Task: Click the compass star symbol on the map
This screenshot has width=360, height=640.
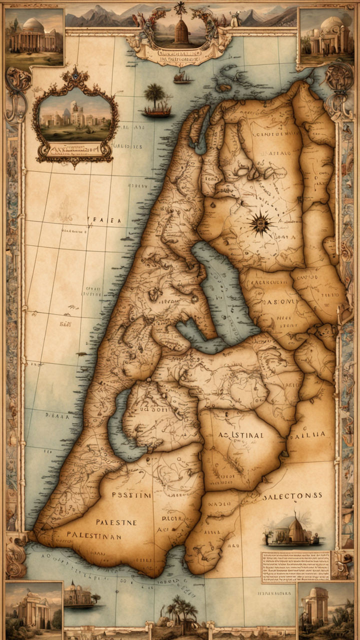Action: coord(260,223)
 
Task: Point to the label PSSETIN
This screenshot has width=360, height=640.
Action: coord(131,495)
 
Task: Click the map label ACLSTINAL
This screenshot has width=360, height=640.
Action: coord(240,435)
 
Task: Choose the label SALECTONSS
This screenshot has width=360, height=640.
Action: coord(292,495)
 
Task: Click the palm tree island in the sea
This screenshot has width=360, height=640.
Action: coord(156,100)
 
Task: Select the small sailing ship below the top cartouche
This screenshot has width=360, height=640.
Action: coord(182,77)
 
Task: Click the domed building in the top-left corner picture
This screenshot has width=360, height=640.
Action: coord(33,36)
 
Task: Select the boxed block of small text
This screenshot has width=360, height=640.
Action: coord(295,566)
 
